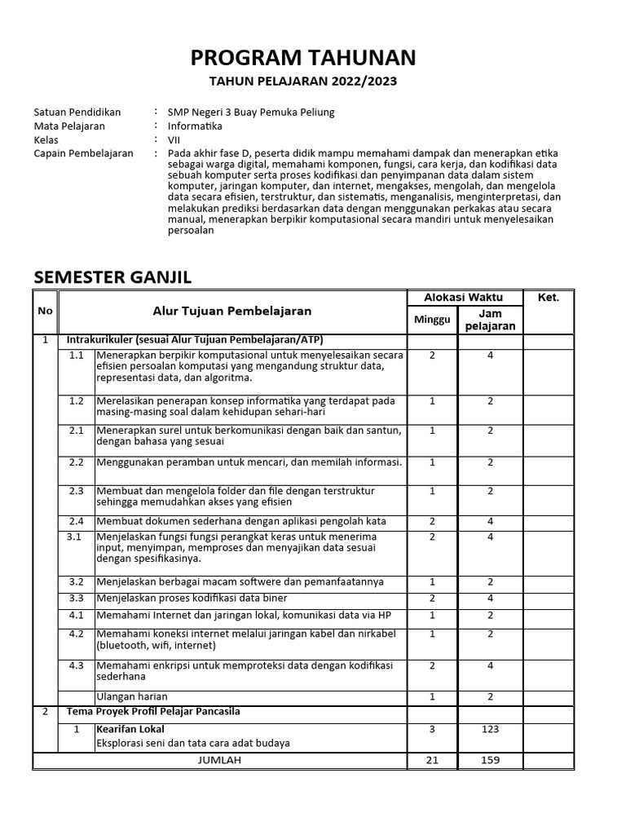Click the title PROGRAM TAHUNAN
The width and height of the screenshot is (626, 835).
point(303,57)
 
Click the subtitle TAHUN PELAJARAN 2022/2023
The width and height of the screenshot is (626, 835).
point(303,82)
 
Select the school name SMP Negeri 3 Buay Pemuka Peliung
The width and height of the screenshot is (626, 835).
point(251,113)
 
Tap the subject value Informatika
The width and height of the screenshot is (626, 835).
point(195,126)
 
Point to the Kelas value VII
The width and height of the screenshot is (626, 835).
point(174,139)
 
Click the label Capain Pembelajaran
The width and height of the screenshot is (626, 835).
point(83,153)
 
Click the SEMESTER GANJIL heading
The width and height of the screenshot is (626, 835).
point(112,277)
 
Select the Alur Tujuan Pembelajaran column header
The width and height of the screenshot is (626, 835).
point(232,311)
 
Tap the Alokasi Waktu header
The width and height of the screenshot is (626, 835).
point(464,297)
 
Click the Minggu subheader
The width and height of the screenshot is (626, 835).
point(432,320)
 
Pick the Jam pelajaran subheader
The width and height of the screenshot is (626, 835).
point(490,320)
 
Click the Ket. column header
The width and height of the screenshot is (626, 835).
point(549,298)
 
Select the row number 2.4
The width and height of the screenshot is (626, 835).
point(77,521)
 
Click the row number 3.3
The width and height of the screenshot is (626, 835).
point(77,598)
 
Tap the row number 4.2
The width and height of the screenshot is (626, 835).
point(77,634)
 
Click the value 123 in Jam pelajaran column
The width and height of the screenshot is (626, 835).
point(490,730)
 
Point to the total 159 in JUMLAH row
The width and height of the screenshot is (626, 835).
point(490,760)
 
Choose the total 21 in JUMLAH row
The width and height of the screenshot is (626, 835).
point(432,760)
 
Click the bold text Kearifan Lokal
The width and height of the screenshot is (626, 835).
point(130,729)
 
